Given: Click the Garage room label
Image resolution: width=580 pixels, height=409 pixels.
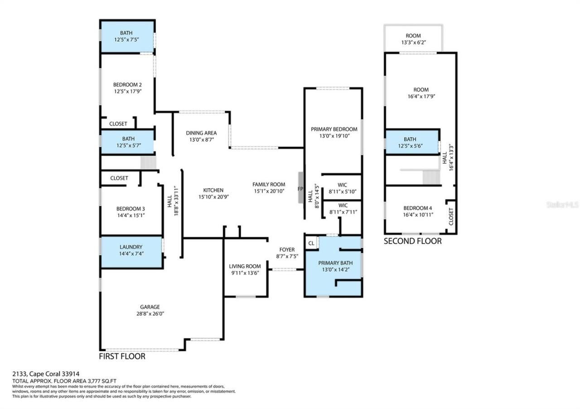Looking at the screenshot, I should pyautogui.click(x=150, y=307).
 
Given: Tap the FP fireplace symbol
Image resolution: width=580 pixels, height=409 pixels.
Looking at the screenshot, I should pyautogui.click(x=300, y=189).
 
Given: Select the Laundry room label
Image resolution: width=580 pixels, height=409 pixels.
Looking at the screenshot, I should pyautogui.click(x=131, y=247).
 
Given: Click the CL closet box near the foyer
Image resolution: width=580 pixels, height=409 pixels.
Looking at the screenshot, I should pyautogui.click(x=311, y=243).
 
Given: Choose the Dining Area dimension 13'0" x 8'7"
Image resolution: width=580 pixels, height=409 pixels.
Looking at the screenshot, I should pyautogui.click(x=201, y=140).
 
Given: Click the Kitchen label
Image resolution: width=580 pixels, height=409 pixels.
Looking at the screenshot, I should pyautogui.click(x=213, y=190).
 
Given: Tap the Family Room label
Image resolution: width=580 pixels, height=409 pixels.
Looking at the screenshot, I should pyautogui.click(x=269, y=184).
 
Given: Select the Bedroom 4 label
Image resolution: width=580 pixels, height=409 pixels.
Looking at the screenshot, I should pyautogui.click(x=418, y=208).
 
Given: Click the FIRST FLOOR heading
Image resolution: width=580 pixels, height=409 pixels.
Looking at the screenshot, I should pyautogui.click(x=122, y=357).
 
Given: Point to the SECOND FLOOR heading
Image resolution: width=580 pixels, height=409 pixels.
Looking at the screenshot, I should pyautogui.click(x=412, y=241).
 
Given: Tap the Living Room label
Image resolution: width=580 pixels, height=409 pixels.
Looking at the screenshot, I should pyautogui.click(x=245, y=266).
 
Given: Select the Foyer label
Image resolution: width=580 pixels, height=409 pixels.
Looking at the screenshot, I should pyautogui.click(x=287, y=250).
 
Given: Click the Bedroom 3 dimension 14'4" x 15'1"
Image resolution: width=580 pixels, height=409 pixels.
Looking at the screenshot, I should pyautogui.click(x=130, y=215).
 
